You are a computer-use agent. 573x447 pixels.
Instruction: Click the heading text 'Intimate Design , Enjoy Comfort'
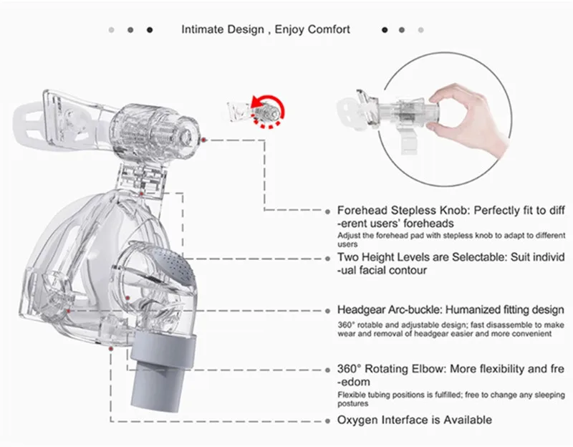tap(266, 29)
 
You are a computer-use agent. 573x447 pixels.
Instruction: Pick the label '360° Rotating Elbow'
tap(387, 369)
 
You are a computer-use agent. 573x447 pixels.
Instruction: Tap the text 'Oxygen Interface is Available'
tap(414, 420)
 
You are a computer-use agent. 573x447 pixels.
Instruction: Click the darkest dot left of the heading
tap(150, 30)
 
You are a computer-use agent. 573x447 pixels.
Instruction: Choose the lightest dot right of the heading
tap(421, 30)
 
